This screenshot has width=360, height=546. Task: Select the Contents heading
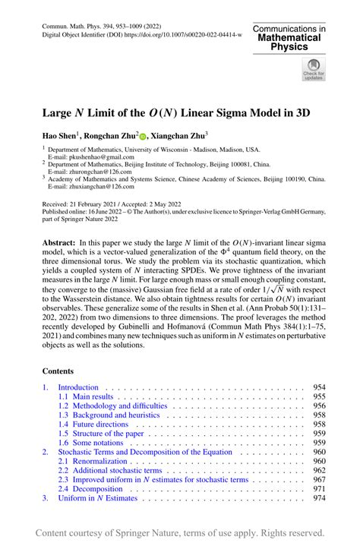58,371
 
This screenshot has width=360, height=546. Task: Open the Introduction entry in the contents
78,387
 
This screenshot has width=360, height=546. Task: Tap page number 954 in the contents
319,387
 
